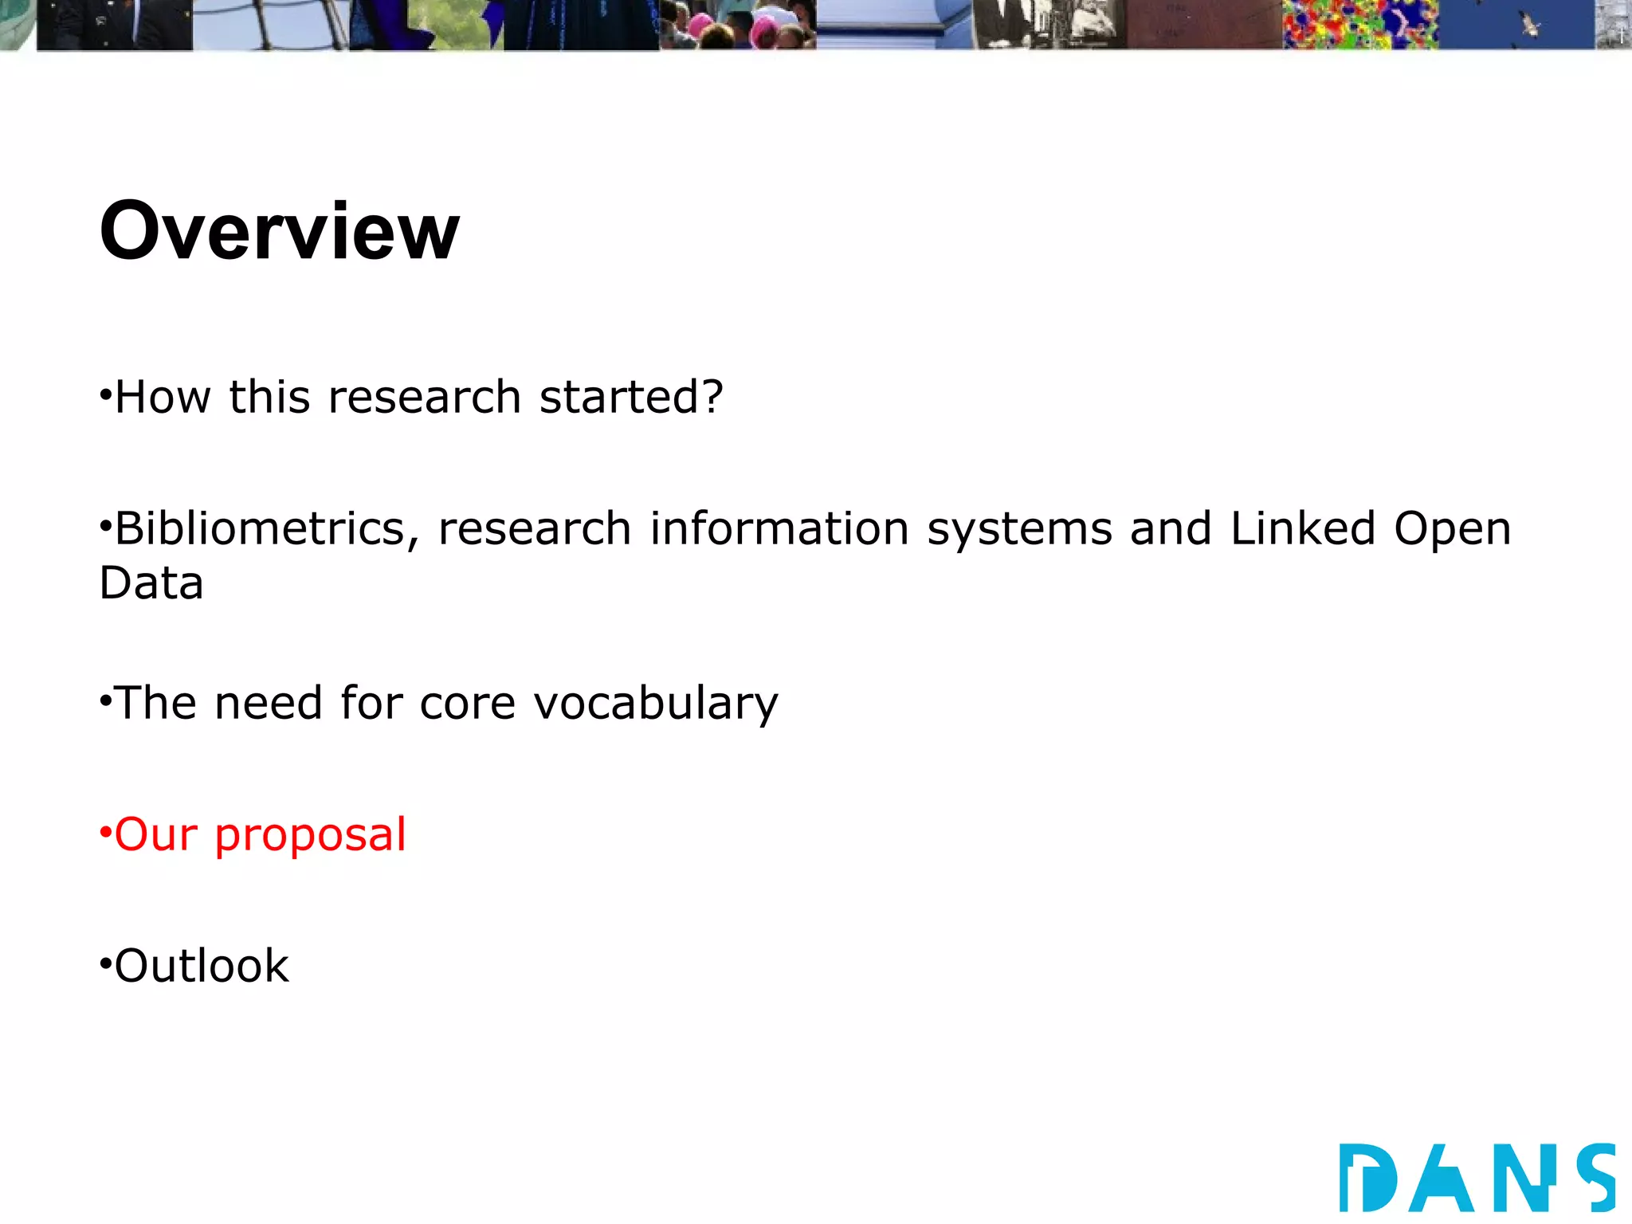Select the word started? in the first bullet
click(x=631, y=397)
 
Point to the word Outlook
click(x=202, y=966)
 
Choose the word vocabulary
click(x=655, y=704)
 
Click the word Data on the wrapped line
click(x=151, y=583)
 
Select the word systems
click(x=1019, y=529)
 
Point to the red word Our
click(x=156, y=835)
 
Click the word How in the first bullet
click(x=163, y=397)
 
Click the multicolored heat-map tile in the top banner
click(x=1359, y=24)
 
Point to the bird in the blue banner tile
click(x=1529, y=25)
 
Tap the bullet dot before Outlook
click(x=104, y=964)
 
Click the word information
click(x=779, y=529)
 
